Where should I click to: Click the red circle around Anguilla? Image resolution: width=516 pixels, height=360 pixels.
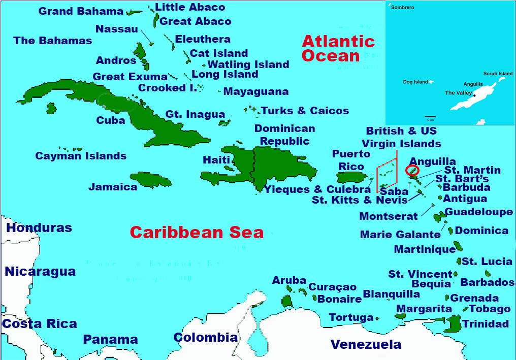click(412, 170)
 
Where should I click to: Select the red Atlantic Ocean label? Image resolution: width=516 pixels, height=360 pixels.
click(338, 48)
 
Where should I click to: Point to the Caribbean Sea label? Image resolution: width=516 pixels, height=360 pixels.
click(197, 233)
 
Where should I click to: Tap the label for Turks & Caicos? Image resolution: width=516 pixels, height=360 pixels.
click(305, 111)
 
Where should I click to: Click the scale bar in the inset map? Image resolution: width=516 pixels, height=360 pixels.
click(430, 117)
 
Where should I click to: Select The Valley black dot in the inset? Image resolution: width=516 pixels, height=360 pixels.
click(474, 95)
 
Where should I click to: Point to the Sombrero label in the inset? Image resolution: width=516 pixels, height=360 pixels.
click(402, 8)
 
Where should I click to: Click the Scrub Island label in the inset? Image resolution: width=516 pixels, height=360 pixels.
click(498, 74)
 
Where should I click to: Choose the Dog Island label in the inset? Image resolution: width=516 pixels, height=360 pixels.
click(415, 82)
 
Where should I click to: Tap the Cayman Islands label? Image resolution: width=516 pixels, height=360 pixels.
click(81, 156)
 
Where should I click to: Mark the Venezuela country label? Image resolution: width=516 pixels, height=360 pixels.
click(366, 345)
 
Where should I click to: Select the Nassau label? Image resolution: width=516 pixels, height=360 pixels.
click(117, 29)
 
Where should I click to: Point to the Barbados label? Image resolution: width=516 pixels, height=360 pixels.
click(487, 282)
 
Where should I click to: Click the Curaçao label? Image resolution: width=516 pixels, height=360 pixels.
click(333, 287)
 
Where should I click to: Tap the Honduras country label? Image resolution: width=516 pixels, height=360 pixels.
click(39, 228)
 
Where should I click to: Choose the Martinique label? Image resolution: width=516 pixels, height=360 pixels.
click(425, 249)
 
